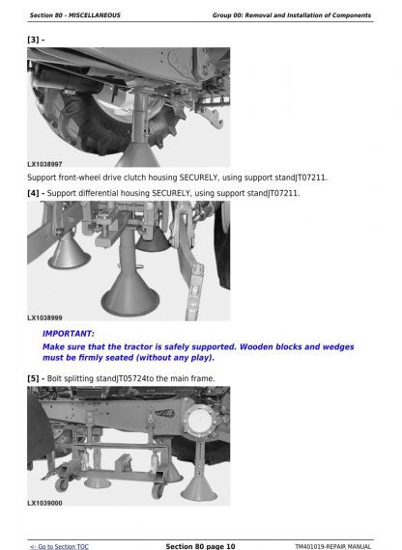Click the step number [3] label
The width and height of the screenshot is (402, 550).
(34, 40)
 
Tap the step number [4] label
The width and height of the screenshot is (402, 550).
(34, 193)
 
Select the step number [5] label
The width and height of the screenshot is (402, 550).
(34, 379)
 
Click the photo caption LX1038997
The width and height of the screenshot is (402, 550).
(44, 164)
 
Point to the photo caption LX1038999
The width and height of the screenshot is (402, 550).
(44, 317)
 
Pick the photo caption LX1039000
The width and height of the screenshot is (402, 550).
(44, 503)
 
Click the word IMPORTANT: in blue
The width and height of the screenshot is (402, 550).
(69, 334)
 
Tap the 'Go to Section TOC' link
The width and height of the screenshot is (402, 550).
(59, 546)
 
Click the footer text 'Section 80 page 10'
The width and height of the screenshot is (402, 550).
(200, 546)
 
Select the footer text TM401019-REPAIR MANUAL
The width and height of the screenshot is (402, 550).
(332, 546)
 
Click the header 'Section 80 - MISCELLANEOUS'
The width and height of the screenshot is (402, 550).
(74, 15)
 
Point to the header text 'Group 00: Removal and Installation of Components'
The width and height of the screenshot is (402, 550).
(292, 15)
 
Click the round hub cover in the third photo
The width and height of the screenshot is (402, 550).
(200, 420)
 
